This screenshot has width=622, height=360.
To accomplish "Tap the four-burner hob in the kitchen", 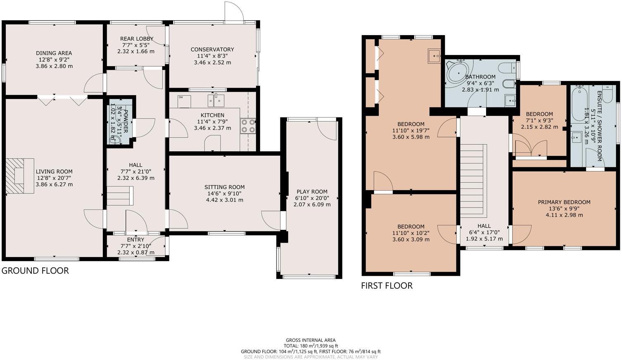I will [x=248, y=126].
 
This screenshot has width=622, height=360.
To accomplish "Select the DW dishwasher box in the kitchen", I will [x=184, y=101].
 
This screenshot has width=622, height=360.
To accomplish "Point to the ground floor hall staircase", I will [x=120, y=195].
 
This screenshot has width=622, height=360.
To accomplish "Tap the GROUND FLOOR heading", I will [x=35, y=271].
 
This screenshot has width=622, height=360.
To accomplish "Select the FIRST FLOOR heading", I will [x=387, y=286].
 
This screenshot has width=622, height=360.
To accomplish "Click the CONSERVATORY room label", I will [x=212, y=50].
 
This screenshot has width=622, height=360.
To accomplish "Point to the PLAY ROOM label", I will [x=312, y=192].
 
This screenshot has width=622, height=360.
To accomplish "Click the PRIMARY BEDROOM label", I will [x=564, y=202].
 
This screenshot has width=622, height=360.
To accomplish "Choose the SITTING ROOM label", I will [x=224, y=187].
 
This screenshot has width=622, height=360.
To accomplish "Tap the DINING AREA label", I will [x=54, y=53].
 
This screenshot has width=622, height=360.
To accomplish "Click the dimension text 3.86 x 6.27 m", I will [x=54, y=184].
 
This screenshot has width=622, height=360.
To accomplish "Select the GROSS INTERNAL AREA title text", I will [x=311, y=340].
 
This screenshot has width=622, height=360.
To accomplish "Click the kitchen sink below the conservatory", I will [x=216, y=100].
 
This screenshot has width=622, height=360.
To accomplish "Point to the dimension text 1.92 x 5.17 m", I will [x=484, y=239].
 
